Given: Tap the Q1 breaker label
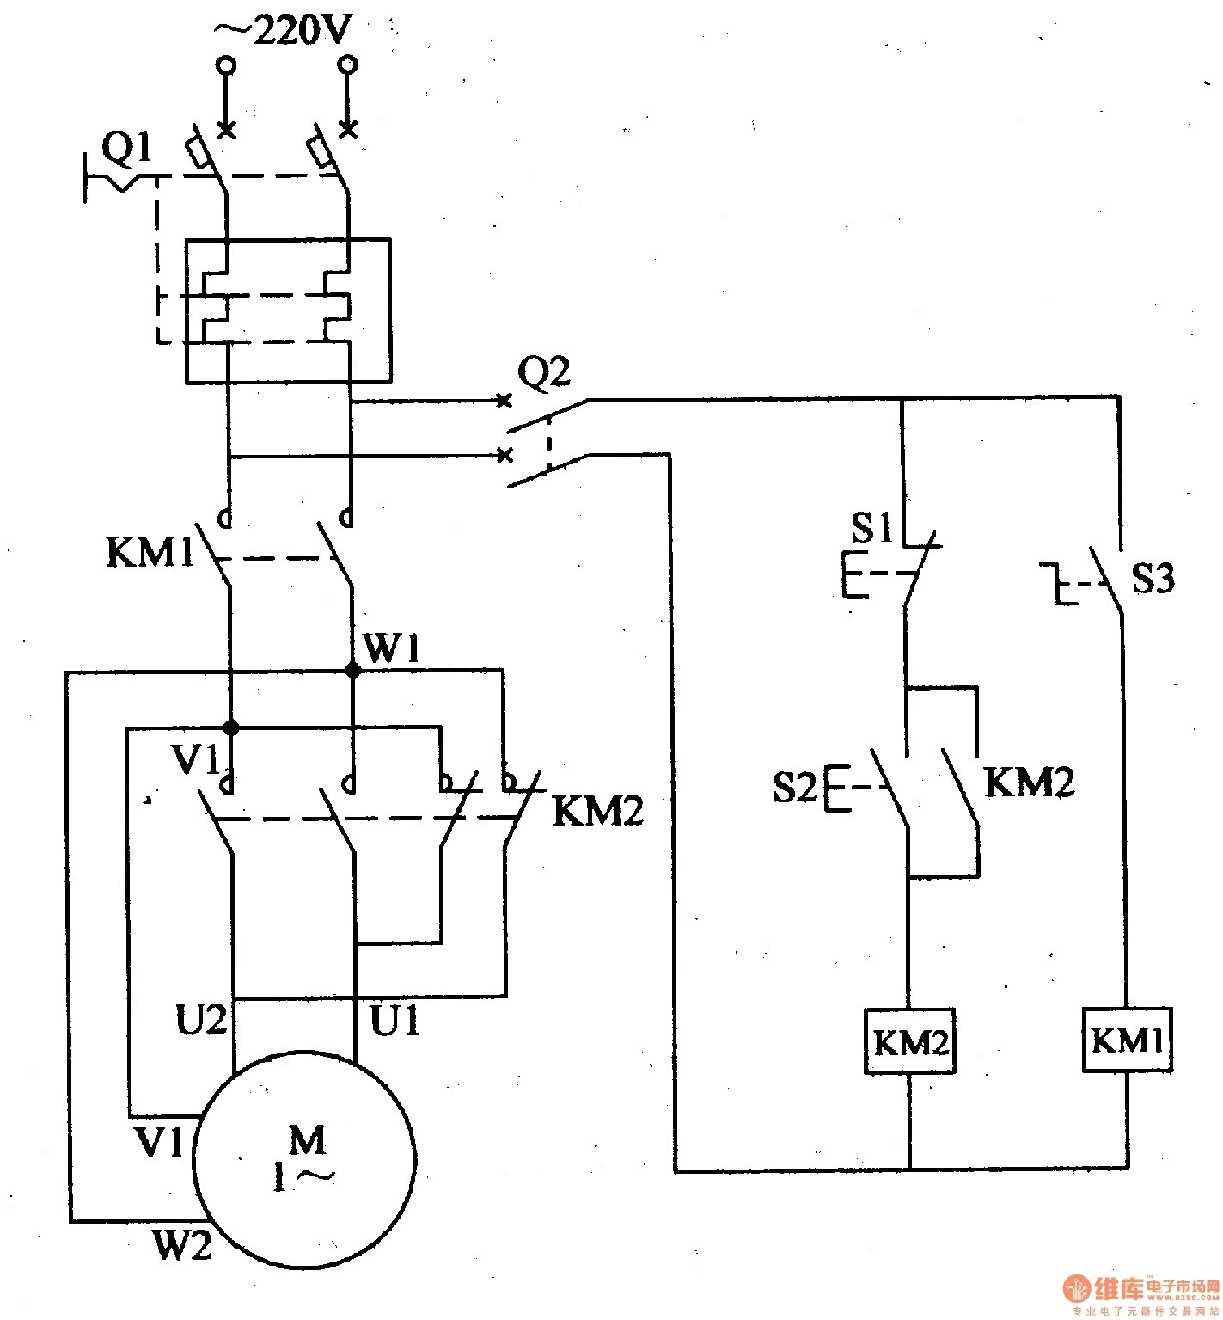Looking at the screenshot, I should pyautogui.click(x=126, y=150).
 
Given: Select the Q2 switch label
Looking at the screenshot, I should pyautogui.click(x=543, y=373).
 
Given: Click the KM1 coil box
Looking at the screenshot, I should pyautogui.click(x=1126, y=1041).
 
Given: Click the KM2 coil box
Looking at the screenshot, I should pyautogui.click(x=910, y=1042).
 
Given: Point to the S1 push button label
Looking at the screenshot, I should pyautogui.click(x=871, y=528).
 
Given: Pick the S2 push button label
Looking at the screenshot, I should pyautogui.click(x=795, y=786).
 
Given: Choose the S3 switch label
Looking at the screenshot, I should pyautogui.click(x=1153, y=579).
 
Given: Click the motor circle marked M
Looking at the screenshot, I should pyautogui.click(x=306, y=1160).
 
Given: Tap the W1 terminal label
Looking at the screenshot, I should pyautogui.click(x=392, y=648).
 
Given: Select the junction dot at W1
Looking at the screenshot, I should pyautogui.click(x=352, y=671).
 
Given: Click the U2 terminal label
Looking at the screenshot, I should pyautogui.click(x=202, y=1020).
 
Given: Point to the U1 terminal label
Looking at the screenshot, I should pyautogui.click(x=394, y=1020).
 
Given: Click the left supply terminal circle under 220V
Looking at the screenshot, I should pyautogui.click(x=226, y=64).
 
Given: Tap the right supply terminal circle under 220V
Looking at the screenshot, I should pyautogui.click(x=347, y=64).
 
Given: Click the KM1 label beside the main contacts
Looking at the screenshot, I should pyautogui.click(x=150, y=552).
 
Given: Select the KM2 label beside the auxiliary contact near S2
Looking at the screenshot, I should pyautogui.click(x=1029, y=782).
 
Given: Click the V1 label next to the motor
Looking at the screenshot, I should pyautogui.click(x=160, y=1143).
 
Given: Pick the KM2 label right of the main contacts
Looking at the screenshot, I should pyautogui.click(x=597, y=811).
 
